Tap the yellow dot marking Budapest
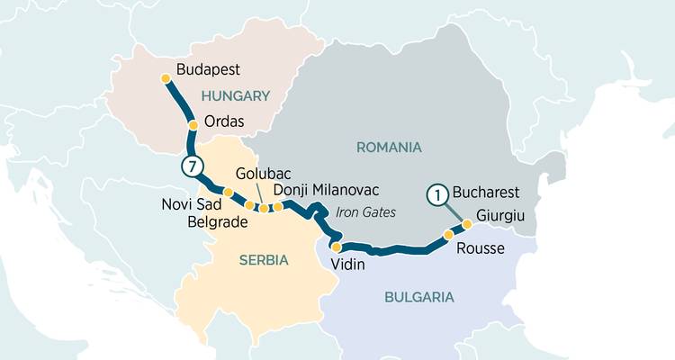point(166,78)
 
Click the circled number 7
point(191,166)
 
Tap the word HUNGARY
point(236,95)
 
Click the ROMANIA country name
point(389,147)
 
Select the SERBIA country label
point(263,260)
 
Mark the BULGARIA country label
point(418,297)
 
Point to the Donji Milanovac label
point(325,190)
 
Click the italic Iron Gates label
point(364,212)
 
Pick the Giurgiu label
point(500,216)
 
